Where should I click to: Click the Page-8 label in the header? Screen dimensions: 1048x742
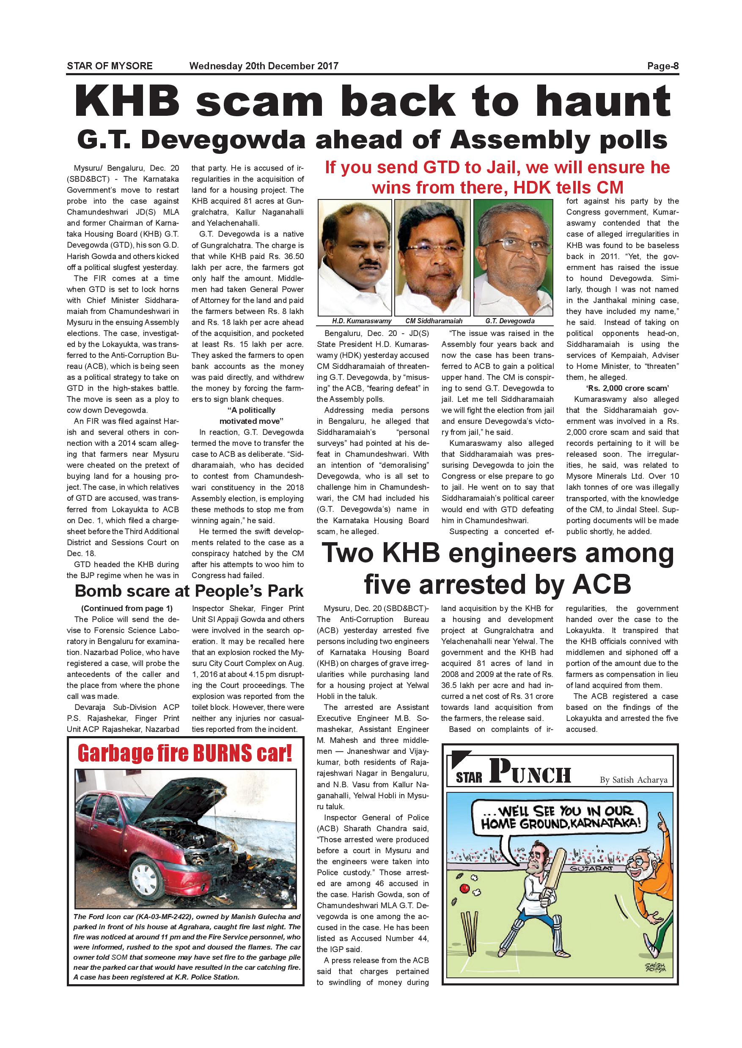point(662,66)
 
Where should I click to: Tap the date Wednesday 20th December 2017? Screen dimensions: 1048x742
point(264,66)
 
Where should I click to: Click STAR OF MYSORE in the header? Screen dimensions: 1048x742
point(110,66)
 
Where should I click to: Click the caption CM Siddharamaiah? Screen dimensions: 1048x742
point(434,321)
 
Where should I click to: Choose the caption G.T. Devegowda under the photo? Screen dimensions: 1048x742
point(510,321)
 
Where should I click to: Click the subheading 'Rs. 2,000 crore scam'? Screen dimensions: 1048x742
point(622,388)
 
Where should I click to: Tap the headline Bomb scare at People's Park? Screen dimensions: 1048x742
point(189,591)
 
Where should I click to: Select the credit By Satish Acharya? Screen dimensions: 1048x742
point(633,780)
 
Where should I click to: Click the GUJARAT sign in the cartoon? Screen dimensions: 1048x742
point(591,869)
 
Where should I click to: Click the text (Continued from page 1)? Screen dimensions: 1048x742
point(126,609)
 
